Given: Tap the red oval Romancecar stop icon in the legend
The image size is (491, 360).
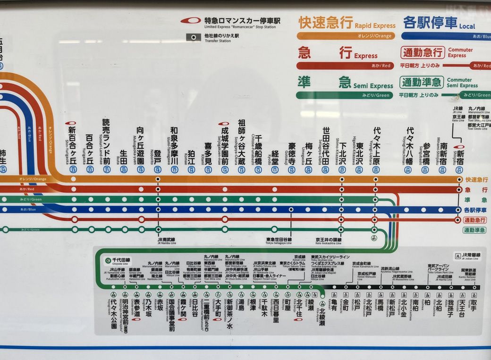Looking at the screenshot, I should click(x=191, y=21).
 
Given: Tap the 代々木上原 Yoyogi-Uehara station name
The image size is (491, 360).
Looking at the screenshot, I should click(x=376, y=144).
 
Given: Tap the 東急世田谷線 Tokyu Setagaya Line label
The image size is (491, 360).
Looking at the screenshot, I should click(x=279, y=240).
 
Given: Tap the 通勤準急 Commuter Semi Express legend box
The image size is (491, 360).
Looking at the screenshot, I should click(x=422, y=83).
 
